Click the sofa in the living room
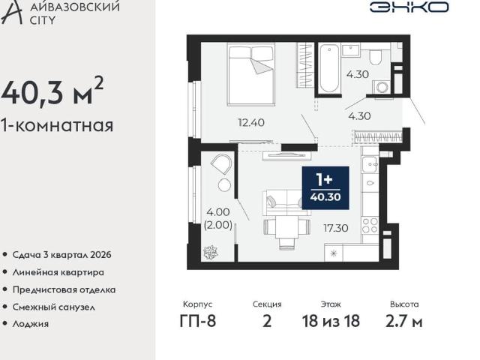(286, 203)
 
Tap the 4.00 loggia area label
(217, 211)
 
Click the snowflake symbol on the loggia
(209, 251)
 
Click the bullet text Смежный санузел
(55, 306)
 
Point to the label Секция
(267, 304)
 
